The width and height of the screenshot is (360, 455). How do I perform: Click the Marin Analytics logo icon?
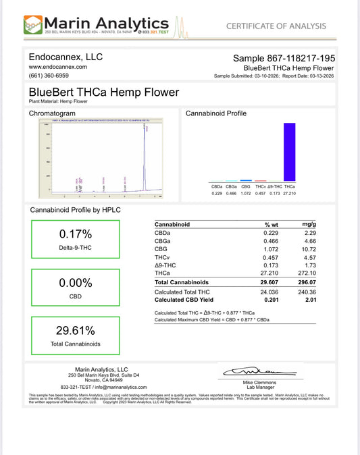(x=32, y=26)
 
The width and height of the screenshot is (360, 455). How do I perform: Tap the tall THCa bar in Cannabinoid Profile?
(x=289, y=152)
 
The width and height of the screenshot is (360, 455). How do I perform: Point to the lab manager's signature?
(x=250, y=371)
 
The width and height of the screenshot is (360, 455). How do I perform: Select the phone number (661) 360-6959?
(x=48, y=76)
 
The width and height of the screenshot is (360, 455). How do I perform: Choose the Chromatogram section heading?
(x=52, y=113)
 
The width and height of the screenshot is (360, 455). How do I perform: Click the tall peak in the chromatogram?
(x=145, y=155)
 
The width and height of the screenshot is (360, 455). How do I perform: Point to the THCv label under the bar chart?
(x=260, y=186)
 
